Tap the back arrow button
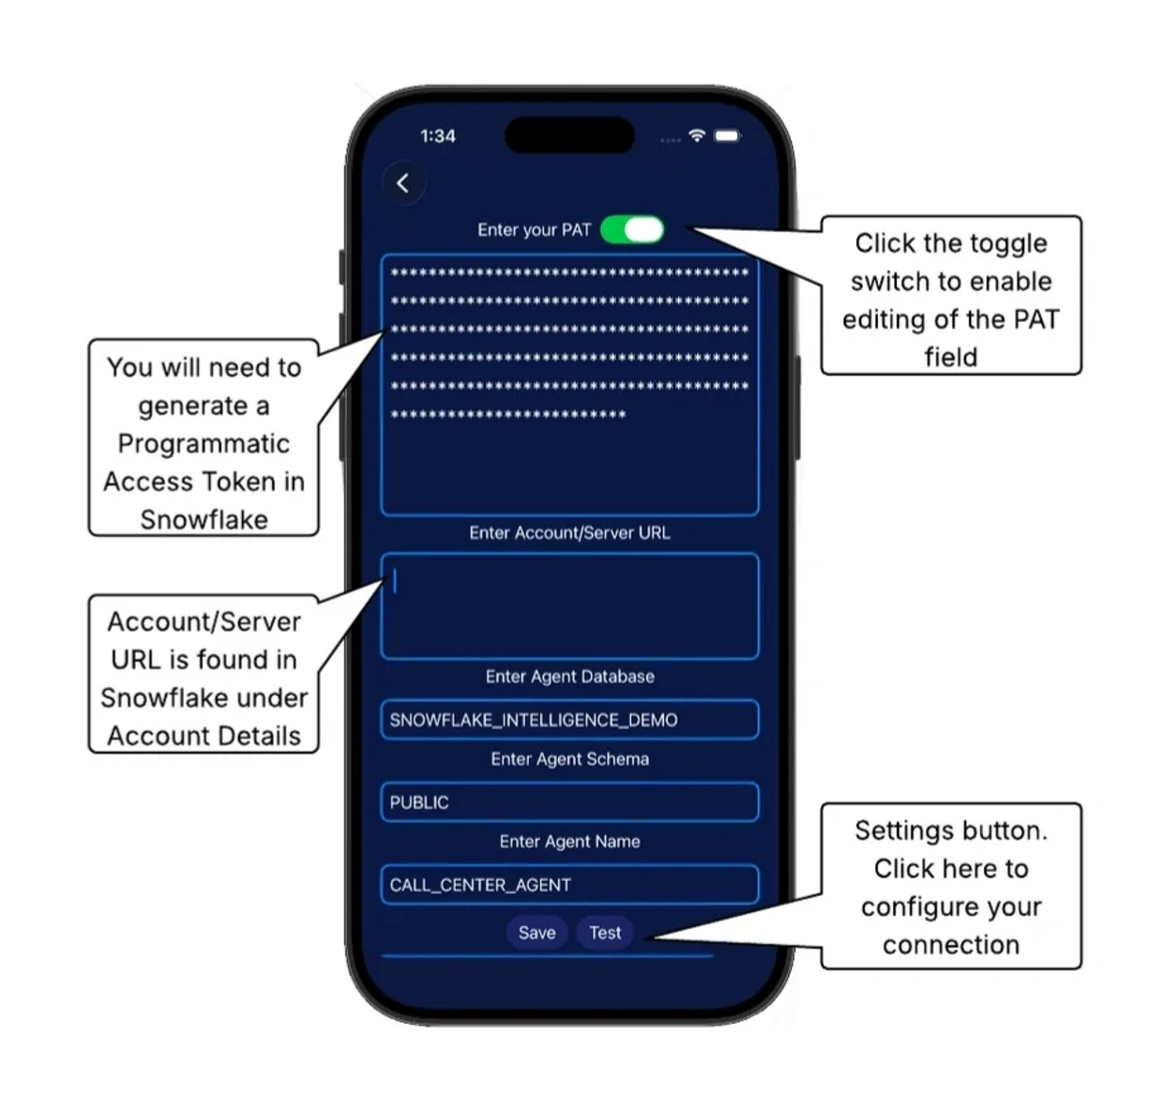(x=403, y=183)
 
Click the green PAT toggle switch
(x=632, y=230)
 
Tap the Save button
(x=536, y=933)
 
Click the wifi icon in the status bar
(x=696, y=135)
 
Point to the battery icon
(x=728, y=136)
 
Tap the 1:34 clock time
(x=438, y=136)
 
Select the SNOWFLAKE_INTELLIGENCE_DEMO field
(x=569, y=720)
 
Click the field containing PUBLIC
(x=569, y=802)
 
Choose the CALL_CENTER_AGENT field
(x=569, y=885)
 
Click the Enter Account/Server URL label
(x=569, y=533)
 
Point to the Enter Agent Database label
(x=569, y=677)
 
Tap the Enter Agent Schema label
(x=569, y=759)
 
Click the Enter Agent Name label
(x=569, y=842)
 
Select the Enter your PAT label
(x=534, y=230)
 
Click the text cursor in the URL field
(x=395, y=581)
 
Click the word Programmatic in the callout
(x=204, y=445)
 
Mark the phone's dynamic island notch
(x=569, y=134)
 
